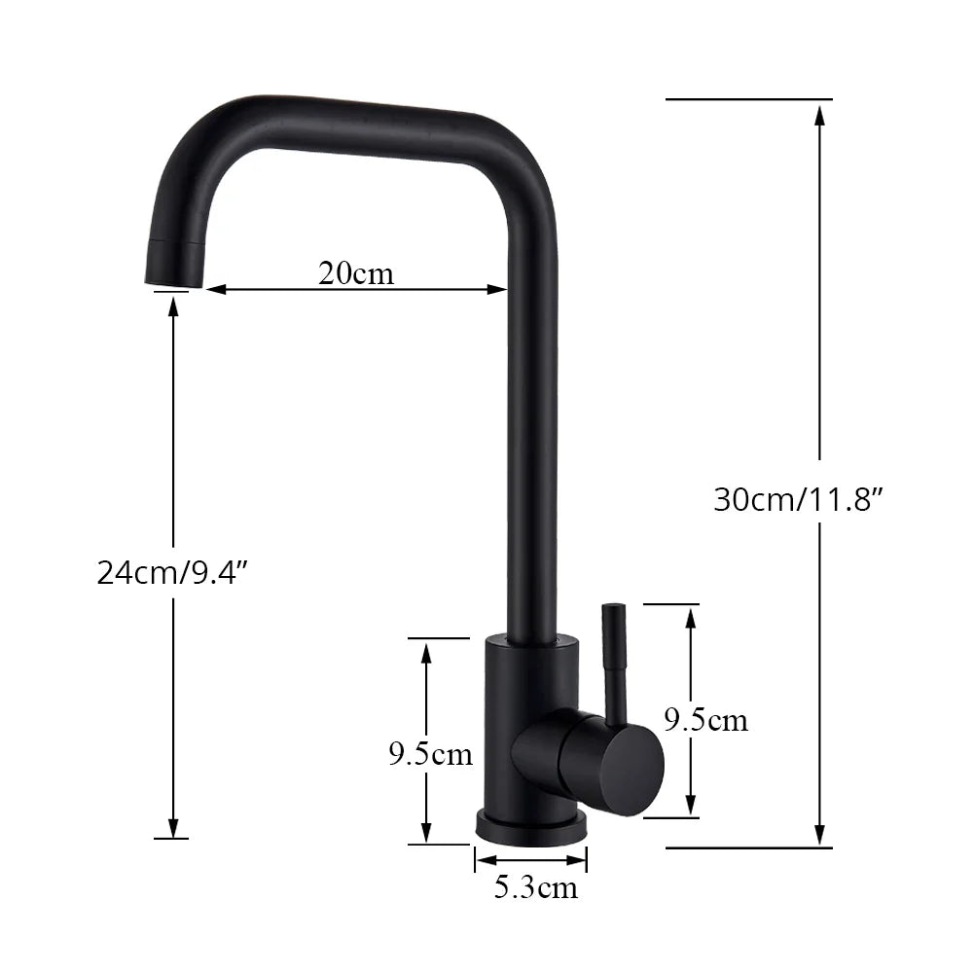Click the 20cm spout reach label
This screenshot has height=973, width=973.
[356, 273]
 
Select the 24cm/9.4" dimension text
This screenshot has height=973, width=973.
[174, 572]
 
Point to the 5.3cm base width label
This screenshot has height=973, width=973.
[535, 887]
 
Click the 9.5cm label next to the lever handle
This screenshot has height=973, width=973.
[706, 720]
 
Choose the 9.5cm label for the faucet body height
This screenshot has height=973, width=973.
[430, 754]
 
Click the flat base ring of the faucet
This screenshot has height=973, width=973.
[531, 831]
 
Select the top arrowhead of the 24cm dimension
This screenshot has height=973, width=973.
[173, 306]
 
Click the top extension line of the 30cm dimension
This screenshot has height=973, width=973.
[749, 99]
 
